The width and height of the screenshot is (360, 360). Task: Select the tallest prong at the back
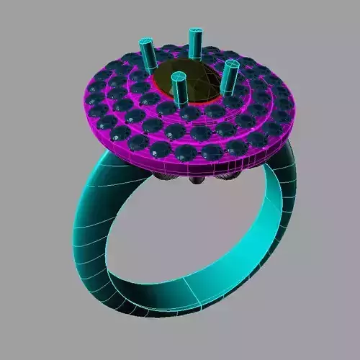click(194, 47)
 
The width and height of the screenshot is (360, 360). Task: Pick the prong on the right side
click(230, 78)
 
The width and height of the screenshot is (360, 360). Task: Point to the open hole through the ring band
click(187, 230)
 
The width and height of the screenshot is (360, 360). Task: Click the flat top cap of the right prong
click(231, 63)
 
